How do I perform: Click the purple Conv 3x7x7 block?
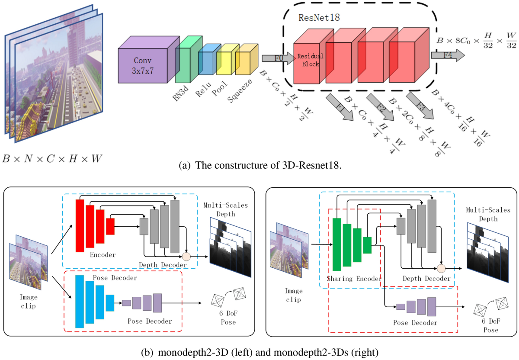point(143,65)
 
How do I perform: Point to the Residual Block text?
point(309,60)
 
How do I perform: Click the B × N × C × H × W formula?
point(52,159)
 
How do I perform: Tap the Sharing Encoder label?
point(354,279)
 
